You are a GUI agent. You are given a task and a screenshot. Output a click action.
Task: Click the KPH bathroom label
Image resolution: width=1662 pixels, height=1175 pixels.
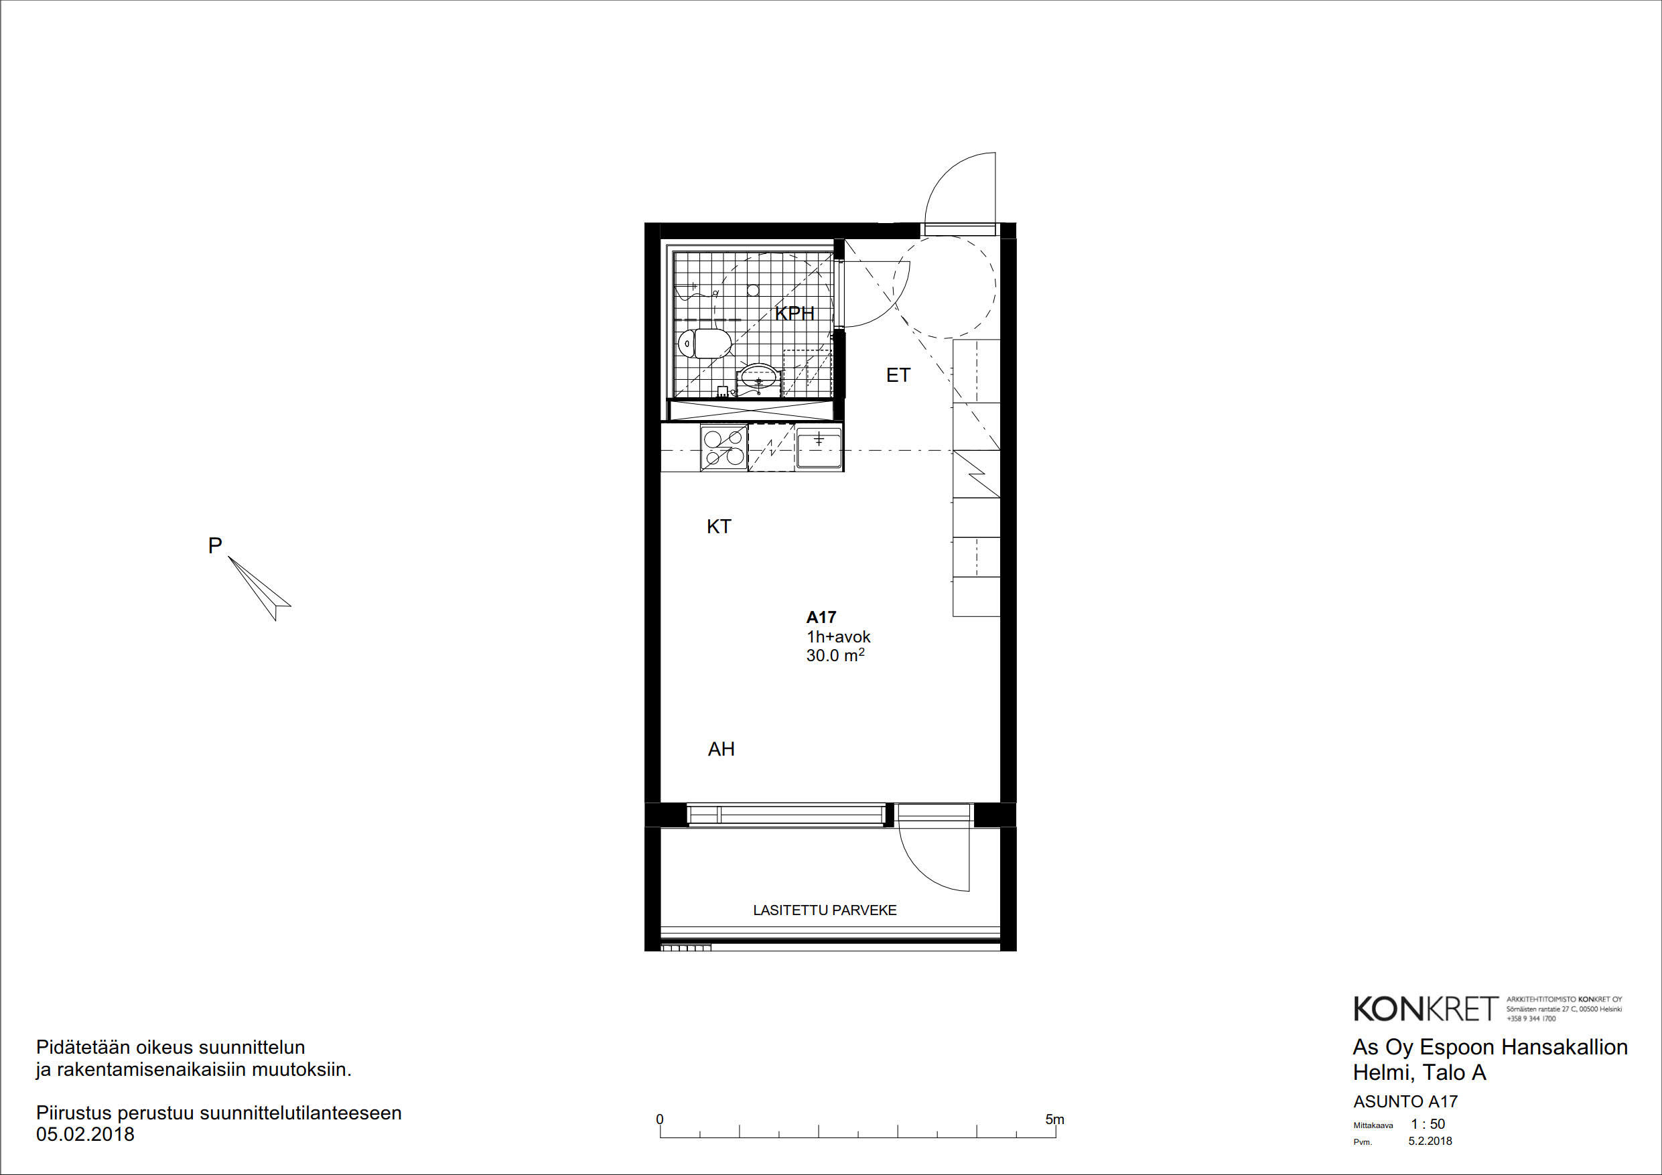point(794,314)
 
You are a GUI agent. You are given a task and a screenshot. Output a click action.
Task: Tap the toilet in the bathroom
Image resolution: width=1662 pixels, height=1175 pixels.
point(703,343)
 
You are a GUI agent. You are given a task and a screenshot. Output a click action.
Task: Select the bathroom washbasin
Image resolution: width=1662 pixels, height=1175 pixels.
point(758,378)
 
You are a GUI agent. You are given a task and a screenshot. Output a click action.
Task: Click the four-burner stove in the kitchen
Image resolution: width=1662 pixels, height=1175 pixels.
point(724,447)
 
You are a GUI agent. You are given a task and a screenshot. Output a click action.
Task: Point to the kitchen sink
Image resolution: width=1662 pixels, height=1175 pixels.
point(819,447)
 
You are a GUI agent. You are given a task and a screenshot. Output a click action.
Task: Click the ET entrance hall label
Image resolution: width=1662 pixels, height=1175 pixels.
point(898,375)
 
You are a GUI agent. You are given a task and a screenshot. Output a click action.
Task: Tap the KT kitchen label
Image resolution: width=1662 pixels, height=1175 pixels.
point(719,527)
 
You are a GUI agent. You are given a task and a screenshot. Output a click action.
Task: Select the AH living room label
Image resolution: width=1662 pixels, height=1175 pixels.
point(721,750)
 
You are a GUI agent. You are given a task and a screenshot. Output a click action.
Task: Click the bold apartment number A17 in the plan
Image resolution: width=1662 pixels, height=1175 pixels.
point(821,618)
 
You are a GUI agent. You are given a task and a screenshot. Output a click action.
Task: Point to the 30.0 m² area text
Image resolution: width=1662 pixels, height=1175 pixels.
point(835,655)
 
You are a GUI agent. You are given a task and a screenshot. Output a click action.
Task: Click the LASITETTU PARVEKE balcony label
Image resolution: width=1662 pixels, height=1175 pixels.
point(825,910)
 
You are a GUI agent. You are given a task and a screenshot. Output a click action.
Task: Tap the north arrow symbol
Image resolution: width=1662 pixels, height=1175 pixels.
point(260,588)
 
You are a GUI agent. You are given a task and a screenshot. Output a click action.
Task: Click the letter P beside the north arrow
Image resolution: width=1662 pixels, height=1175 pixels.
point(215,545)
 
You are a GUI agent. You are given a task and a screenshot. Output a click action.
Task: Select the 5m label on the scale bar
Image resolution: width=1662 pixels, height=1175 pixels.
point(1054,1119)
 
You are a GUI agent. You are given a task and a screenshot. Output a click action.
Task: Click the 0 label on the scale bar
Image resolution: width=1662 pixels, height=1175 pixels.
point(659,1119)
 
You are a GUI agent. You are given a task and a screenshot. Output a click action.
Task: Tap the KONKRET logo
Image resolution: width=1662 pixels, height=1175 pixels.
point(1426,1008)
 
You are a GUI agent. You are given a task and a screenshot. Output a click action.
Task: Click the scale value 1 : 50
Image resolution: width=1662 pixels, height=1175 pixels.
point(1428,1124)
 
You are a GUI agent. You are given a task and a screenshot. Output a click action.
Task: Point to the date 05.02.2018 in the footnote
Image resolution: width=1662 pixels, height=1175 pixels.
point(86,1134)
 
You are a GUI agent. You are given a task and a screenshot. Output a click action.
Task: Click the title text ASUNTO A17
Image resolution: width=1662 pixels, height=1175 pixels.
point(1405,1102)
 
